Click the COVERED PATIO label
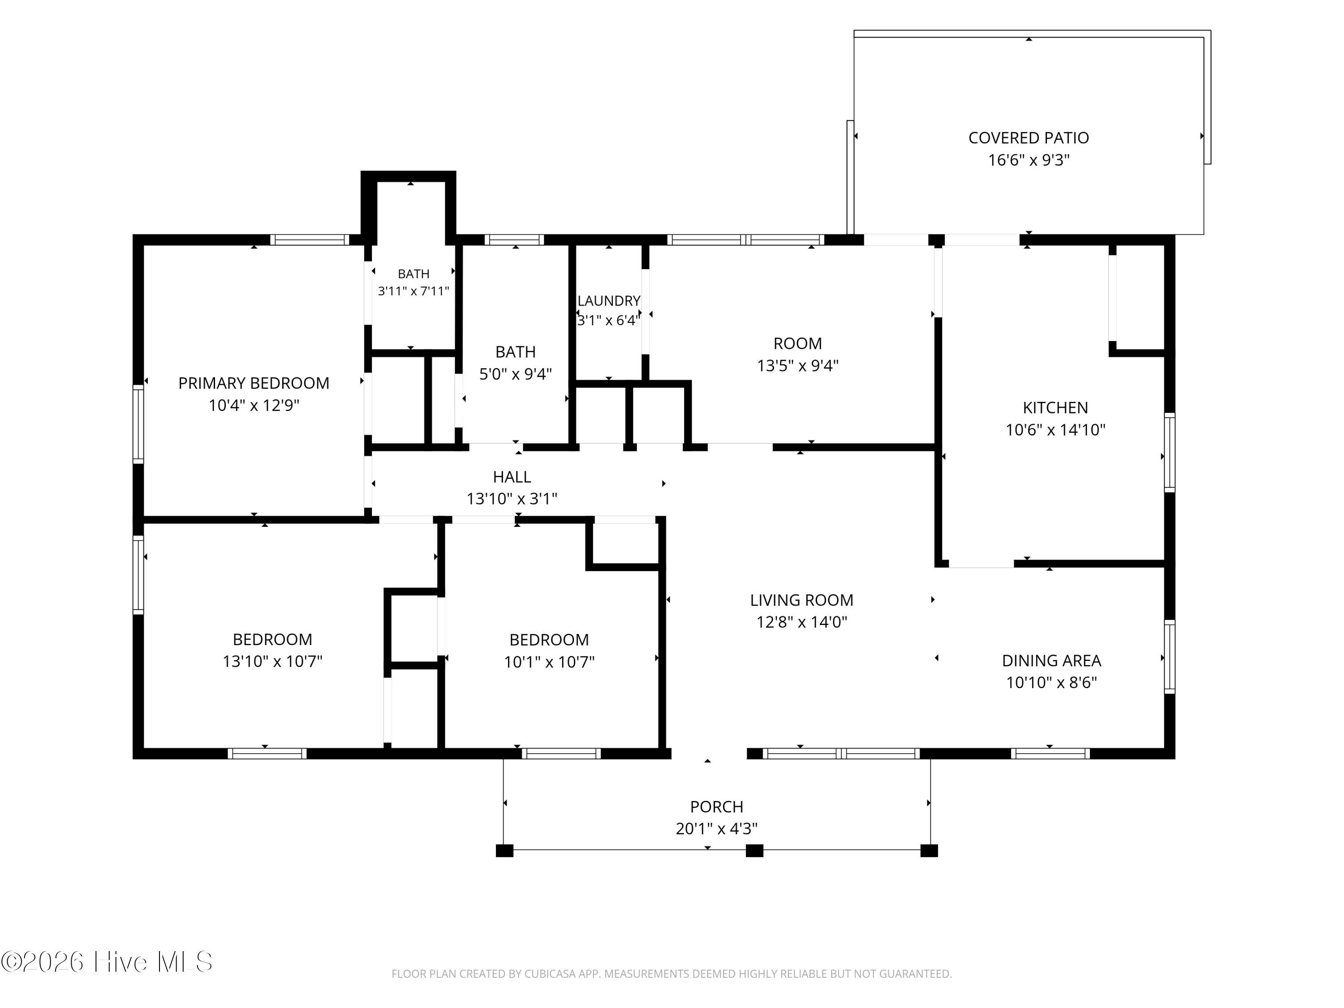(1028, 138)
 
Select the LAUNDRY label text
(609, 301)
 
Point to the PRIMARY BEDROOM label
(254, 383)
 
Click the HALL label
(512, 477)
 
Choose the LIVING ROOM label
(801, 600)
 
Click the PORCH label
(716, 807)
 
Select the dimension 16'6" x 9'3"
(1029, 160)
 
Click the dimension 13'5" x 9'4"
(798, 366)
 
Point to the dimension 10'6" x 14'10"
(1055, 430)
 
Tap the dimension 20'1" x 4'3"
(716, 829)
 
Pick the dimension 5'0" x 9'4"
(515, 374)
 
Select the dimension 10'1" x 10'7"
(549, 662)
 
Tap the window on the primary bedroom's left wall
(138, 424)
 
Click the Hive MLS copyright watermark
(107, 962)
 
